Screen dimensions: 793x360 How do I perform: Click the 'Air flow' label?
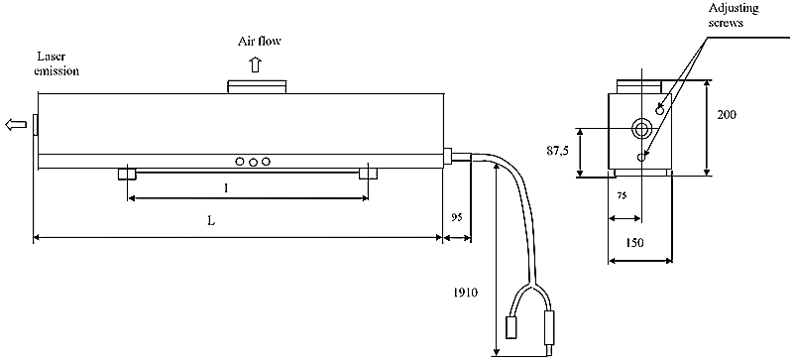pos(260,41)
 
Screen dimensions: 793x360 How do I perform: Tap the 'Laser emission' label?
pos(57,63)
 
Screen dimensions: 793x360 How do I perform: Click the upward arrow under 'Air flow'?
pos(256,64)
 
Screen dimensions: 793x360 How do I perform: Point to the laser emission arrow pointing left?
pos(15,124)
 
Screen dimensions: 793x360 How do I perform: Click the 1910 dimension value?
pos(465,293)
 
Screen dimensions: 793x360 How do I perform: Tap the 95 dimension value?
pos(457,217)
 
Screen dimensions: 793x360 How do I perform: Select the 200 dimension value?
pos(727,114)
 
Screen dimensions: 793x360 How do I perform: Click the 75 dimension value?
pos(623,195)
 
